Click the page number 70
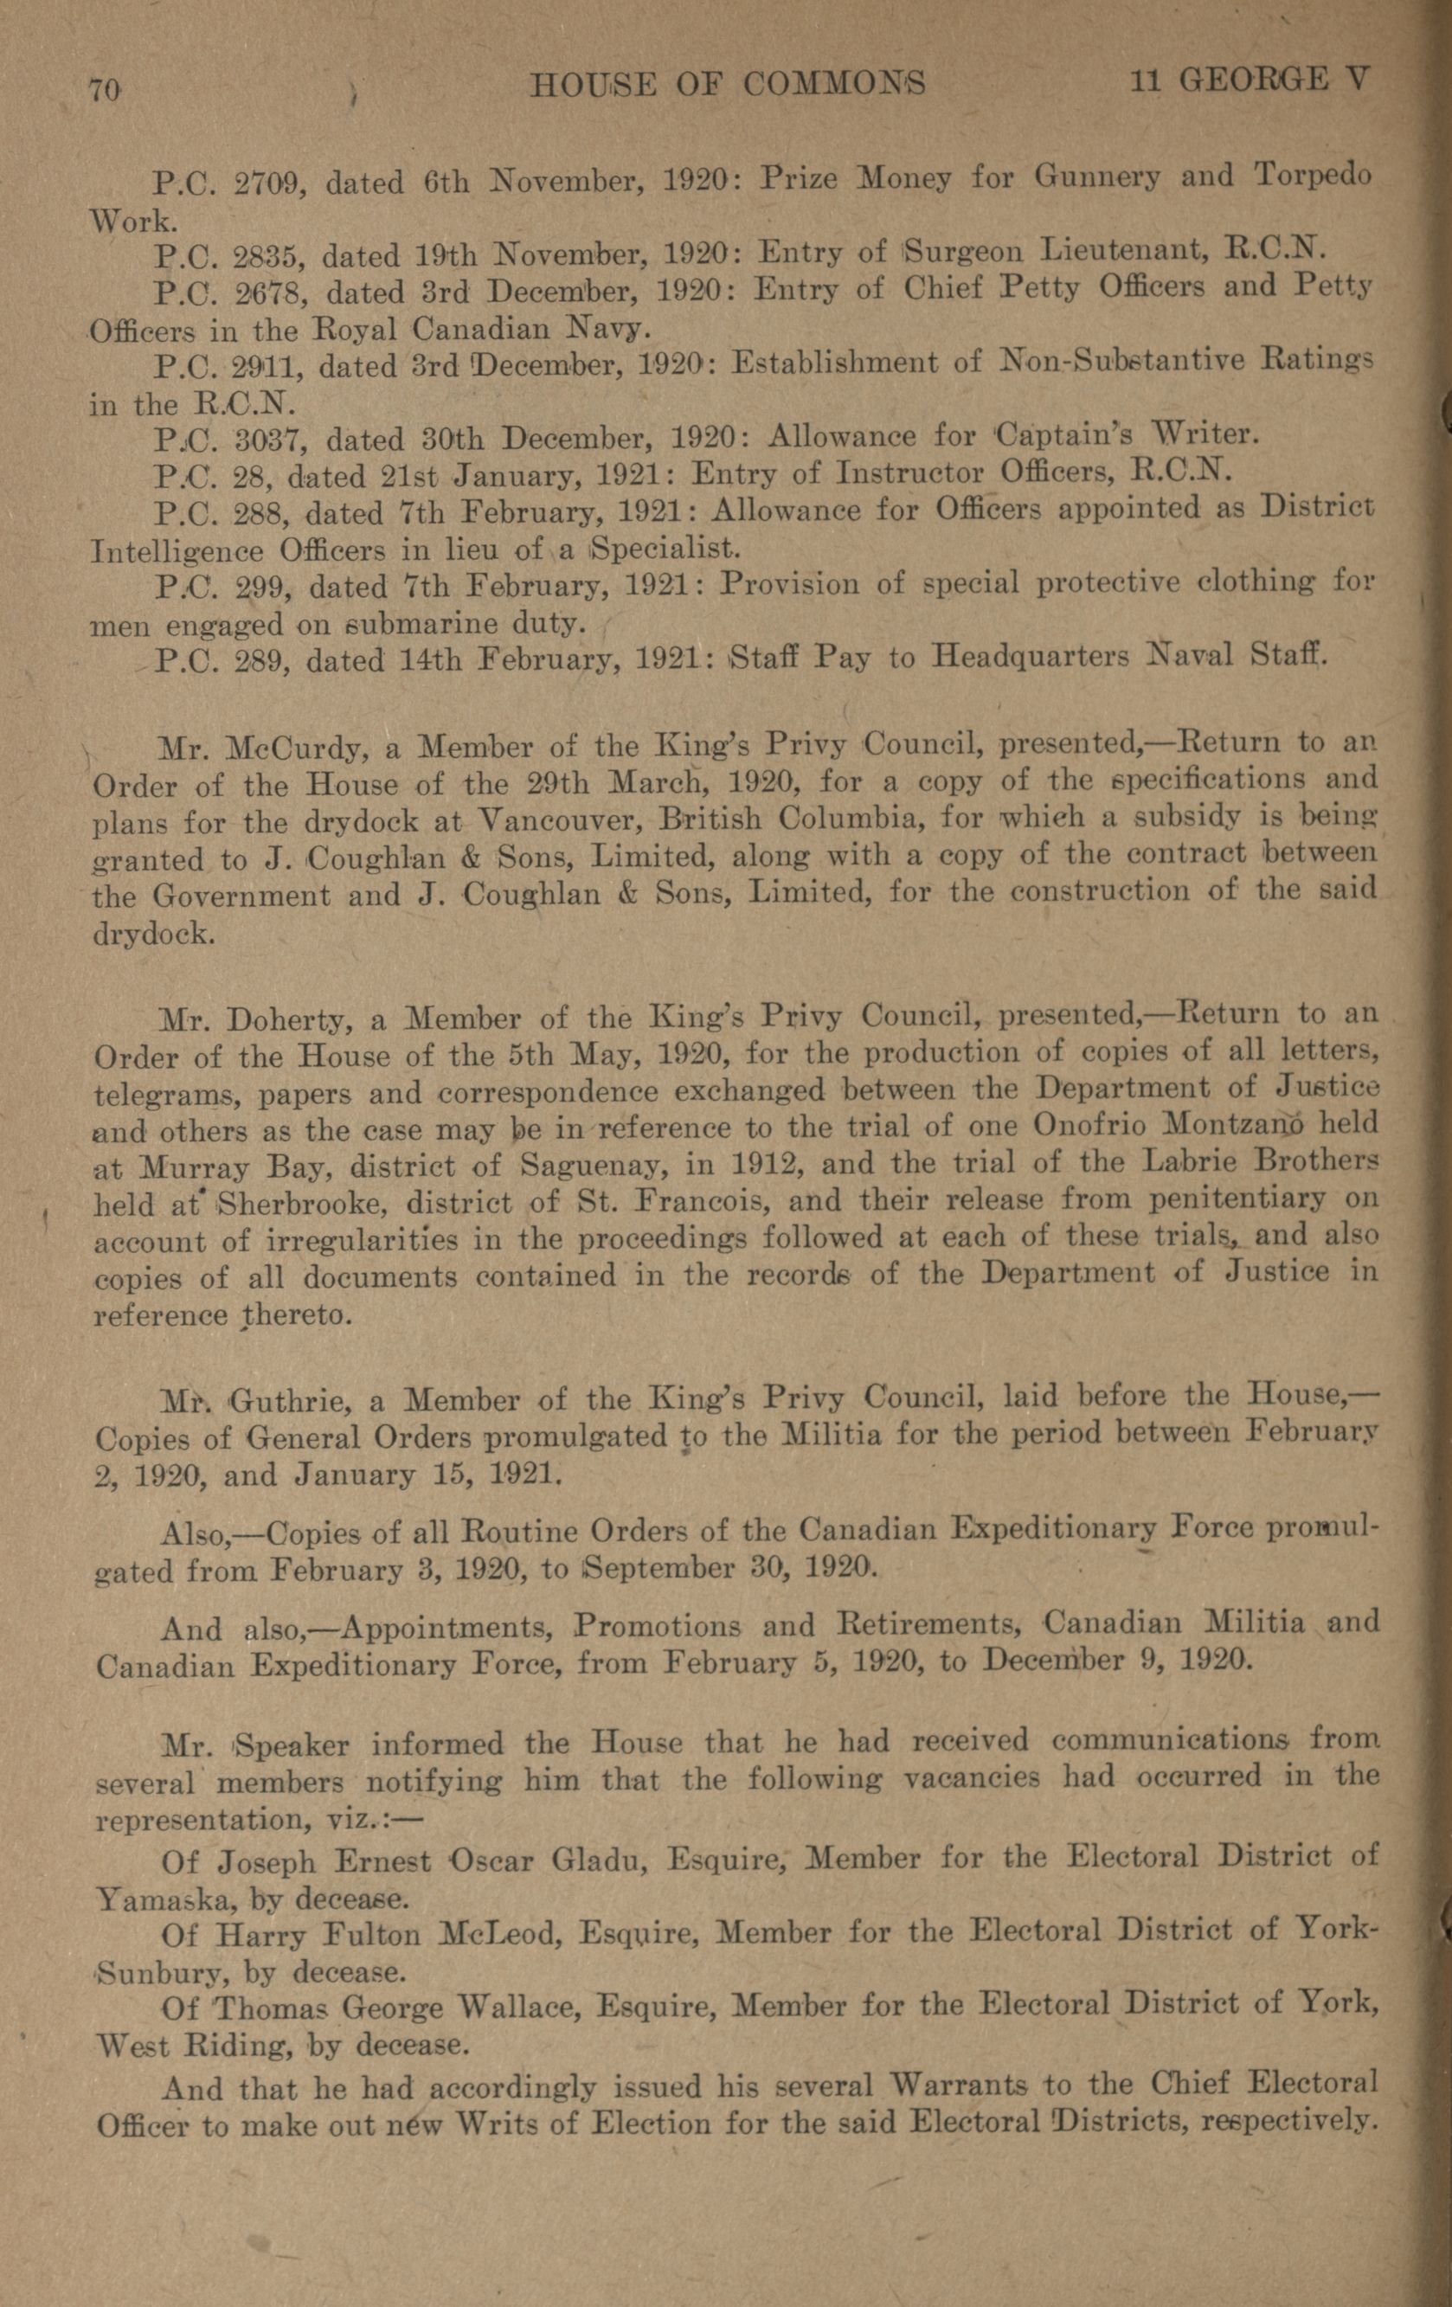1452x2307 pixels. pyautogui.click(x=105, y=90)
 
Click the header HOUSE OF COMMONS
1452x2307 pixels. pyautogui.click(x=727, y=86)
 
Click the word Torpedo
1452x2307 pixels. pyautogui.click(x=1312, y=176)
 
